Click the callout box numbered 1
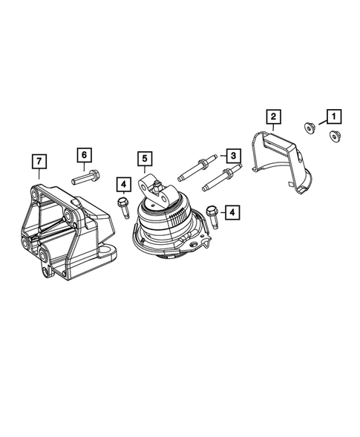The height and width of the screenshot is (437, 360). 332,116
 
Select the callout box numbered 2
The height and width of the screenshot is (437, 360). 273,116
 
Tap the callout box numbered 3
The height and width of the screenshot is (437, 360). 232,156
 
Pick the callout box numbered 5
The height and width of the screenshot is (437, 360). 144,158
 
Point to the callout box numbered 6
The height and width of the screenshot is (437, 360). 84,154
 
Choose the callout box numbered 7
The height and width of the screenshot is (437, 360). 36,161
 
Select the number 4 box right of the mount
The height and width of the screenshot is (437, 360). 232,213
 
